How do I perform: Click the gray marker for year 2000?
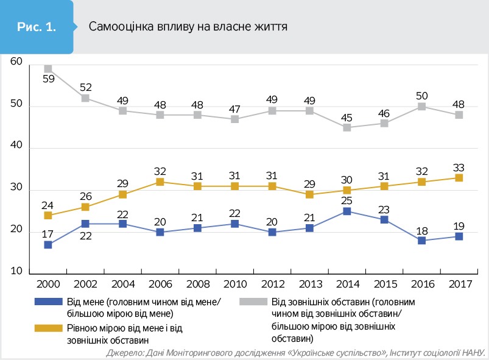[x=48, y=69]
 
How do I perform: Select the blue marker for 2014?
[x=347, y=211]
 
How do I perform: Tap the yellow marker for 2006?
[x=160, y=182]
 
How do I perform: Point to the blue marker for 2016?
[x=421, y=241]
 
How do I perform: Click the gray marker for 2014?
[x=347, y=127]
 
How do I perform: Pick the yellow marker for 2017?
[x=459, y=178]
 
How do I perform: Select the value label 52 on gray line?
[x=85, y=86]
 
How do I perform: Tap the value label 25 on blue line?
[x=347, y=200]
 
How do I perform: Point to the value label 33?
[x=459, y=166]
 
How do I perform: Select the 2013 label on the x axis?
[x=310, y=284]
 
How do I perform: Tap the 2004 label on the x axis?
[x=123, y=284]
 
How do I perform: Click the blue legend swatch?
[x=49, y=302]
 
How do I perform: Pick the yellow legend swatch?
[x=49, y=328]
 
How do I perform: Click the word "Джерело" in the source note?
[x=124, y=353]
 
